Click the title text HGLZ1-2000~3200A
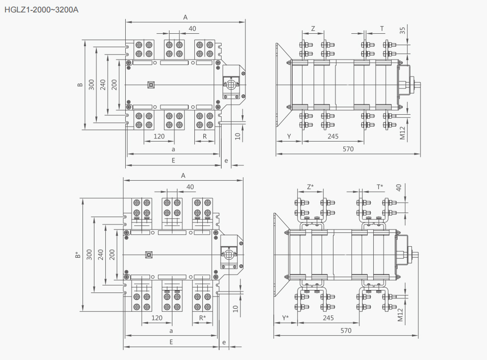(x=41, y=9)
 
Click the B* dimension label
(x=78, y=255)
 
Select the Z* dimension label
(x=310, y=187)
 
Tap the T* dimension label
(x=380, y=187)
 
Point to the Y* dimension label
(x=285, y=318)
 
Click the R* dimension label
(x=203, y=318)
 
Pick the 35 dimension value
(x=402, y=30)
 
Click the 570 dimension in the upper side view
(x=348, y=149)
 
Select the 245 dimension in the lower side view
(x=328, y=318)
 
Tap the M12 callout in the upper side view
(x=402, y=133)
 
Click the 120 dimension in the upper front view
(x=159, y=136)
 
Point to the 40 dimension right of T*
(x=399, y=188)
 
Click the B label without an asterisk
(x=80, y=84)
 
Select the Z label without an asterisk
(x=313, y=29)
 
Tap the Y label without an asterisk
(x=289, y=136)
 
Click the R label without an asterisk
(x=205, y=136)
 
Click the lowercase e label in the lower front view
(x=224, y=343)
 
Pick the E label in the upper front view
(x=173, y=160)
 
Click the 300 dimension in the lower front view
(x=89, y=254)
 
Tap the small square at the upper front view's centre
(x=151, y=85)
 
